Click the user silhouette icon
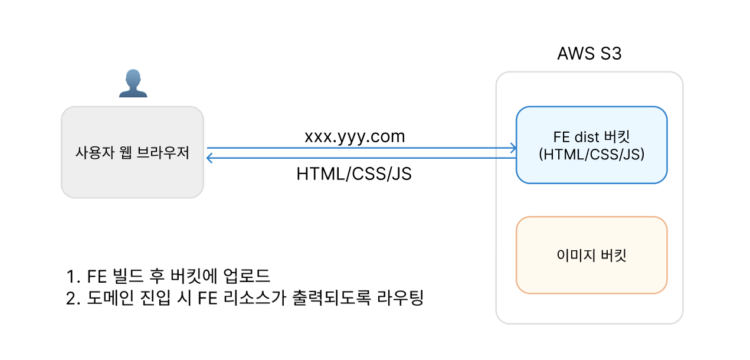(x=133, y=83)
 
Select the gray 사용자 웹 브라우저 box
(x=133, y=152)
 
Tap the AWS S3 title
(x=589, y=54)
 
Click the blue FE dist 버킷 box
(x=592, y=145)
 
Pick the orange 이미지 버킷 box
(x=592, y=255)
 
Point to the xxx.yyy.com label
(x=355, y=137)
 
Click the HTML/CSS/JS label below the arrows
(x=354, y=174)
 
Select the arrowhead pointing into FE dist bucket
(x=513, y=148)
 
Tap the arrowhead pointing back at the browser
(x=209, y=158)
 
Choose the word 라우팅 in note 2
(x=401, y=297)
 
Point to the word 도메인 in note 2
(x=110, y=297)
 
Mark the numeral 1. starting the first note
(x=73, y=277)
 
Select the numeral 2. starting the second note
(x=73, y=298)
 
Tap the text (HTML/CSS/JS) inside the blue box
(x=592, y=155)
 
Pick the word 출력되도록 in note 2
(x=332, y=297)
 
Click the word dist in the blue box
(x=587, y=137)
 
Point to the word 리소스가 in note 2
(x=255, y=297)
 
